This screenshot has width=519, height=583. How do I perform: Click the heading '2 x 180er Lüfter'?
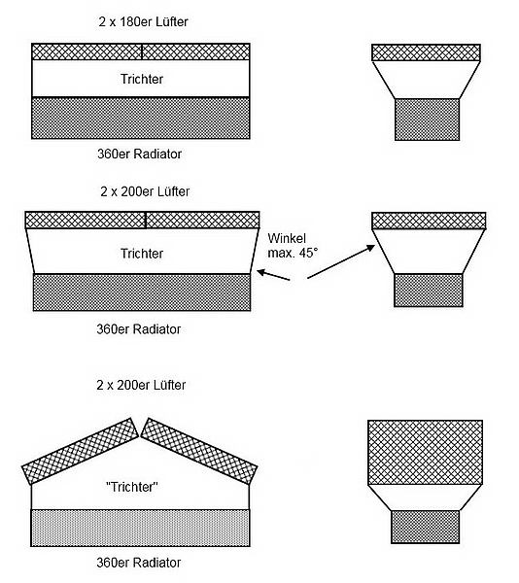pyautogui.click(x=143, y=21)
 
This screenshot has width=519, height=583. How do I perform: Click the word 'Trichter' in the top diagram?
pyautogui.click(x=142, y=79)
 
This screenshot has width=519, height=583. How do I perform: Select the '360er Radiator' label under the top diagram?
pyautogui.click(x=139, y=154)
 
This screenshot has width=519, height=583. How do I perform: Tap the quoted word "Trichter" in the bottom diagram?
pyautogui.click(x=132, y=487)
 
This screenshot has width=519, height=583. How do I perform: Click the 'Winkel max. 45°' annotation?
pyautogui.click(x=293, y=246)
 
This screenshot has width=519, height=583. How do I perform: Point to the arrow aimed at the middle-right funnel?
pyautogui.click(x=341, y=261)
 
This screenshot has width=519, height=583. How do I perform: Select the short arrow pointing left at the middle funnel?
pyautogui.click(x=273, y=276)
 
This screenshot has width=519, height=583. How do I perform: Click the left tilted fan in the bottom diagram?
pyautogui.click(x=81, y=451)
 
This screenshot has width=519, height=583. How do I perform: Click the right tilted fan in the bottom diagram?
pyautogui.click(x=199, y=451)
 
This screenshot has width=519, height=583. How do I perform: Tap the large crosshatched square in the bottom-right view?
pyautogui.click(x=426, y=453)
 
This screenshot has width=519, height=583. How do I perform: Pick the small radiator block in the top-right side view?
pyautogui.click(x=427, y=120)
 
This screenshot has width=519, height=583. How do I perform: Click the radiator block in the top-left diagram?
pyautogui.click(x=141, y=119)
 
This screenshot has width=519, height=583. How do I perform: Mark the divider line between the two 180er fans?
pyautogui.click(x=142, y=51)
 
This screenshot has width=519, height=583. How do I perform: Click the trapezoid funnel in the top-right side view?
pyautogui.click(x=427, y=80)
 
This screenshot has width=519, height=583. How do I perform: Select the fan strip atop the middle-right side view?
pyautogui.click(x=429, y=221)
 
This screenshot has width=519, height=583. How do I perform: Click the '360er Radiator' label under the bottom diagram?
pyautogui.click(x=139, y=563)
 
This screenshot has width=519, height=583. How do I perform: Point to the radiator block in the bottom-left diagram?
pyautogui.click(x=140, y=528)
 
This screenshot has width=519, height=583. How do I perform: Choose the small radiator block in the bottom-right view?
pyautogui.click(x=426, y=527)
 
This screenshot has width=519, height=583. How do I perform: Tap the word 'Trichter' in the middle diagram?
pyautogui.click(x=142, y=254)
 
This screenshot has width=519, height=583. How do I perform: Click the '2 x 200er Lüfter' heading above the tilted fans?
pyautogui.click(x=141, y=385)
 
